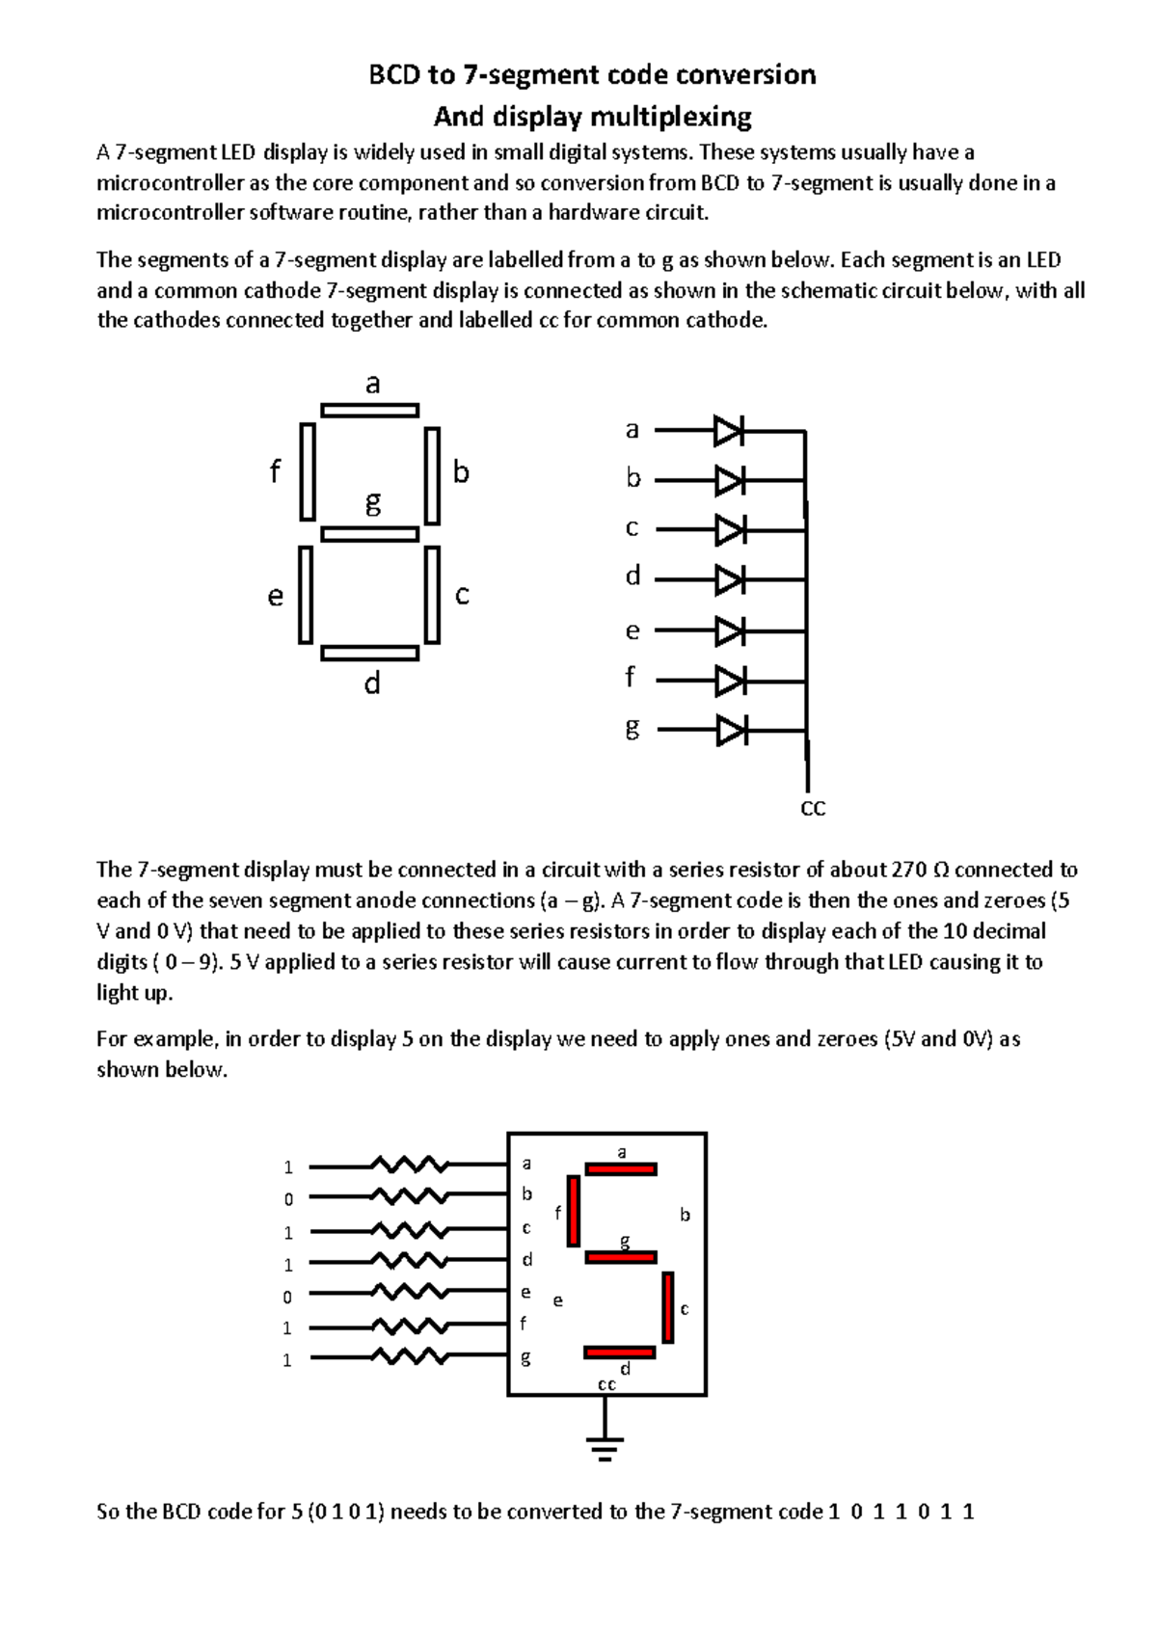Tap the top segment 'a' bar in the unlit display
tap(369, 411)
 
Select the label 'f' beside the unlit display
tap(275, 472)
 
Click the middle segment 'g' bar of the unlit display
tap(369, 534)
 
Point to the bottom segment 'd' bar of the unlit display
tap(369, 654)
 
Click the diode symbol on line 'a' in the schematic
tap(729, 431)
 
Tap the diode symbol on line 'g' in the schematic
tap(731, 731)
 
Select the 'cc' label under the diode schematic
tap(814, 808)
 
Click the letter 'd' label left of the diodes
tap(632, 576)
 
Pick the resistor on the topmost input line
tap(411, 1166)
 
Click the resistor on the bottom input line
tap(411, 1357)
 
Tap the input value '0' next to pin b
tap(288, 1199)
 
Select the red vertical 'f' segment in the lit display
tap(574, 1210)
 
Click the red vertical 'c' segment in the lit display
tap(668, 1307)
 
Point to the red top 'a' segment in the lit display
tap(621, 1169)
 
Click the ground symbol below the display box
tap(605, 1446)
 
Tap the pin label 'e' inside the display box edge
tap(525, 1293)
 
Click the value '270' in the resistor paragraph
tap(909, 870)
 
